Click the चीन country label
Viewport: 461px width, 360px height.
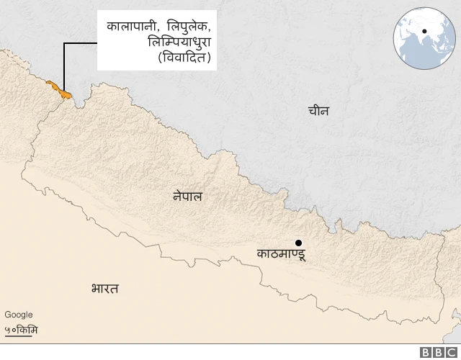[318, 111]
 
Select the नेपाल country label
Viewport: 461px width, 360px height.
[187, 195]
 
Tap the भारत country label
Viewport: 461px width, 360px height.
[105, 289]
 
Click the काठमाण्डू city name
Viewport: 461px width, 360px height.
[282, 253]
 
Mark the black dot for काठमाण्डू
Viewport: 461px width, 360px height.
[297, 243]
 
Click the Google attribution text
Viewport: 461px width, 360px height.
[19, 315]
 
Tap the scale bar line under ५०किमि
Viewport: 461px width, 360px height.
[22, 336]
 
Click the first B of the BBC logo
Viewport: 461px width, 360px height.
[426, 352]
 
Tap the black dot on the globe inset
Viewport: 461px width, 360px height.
[425, 31]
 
